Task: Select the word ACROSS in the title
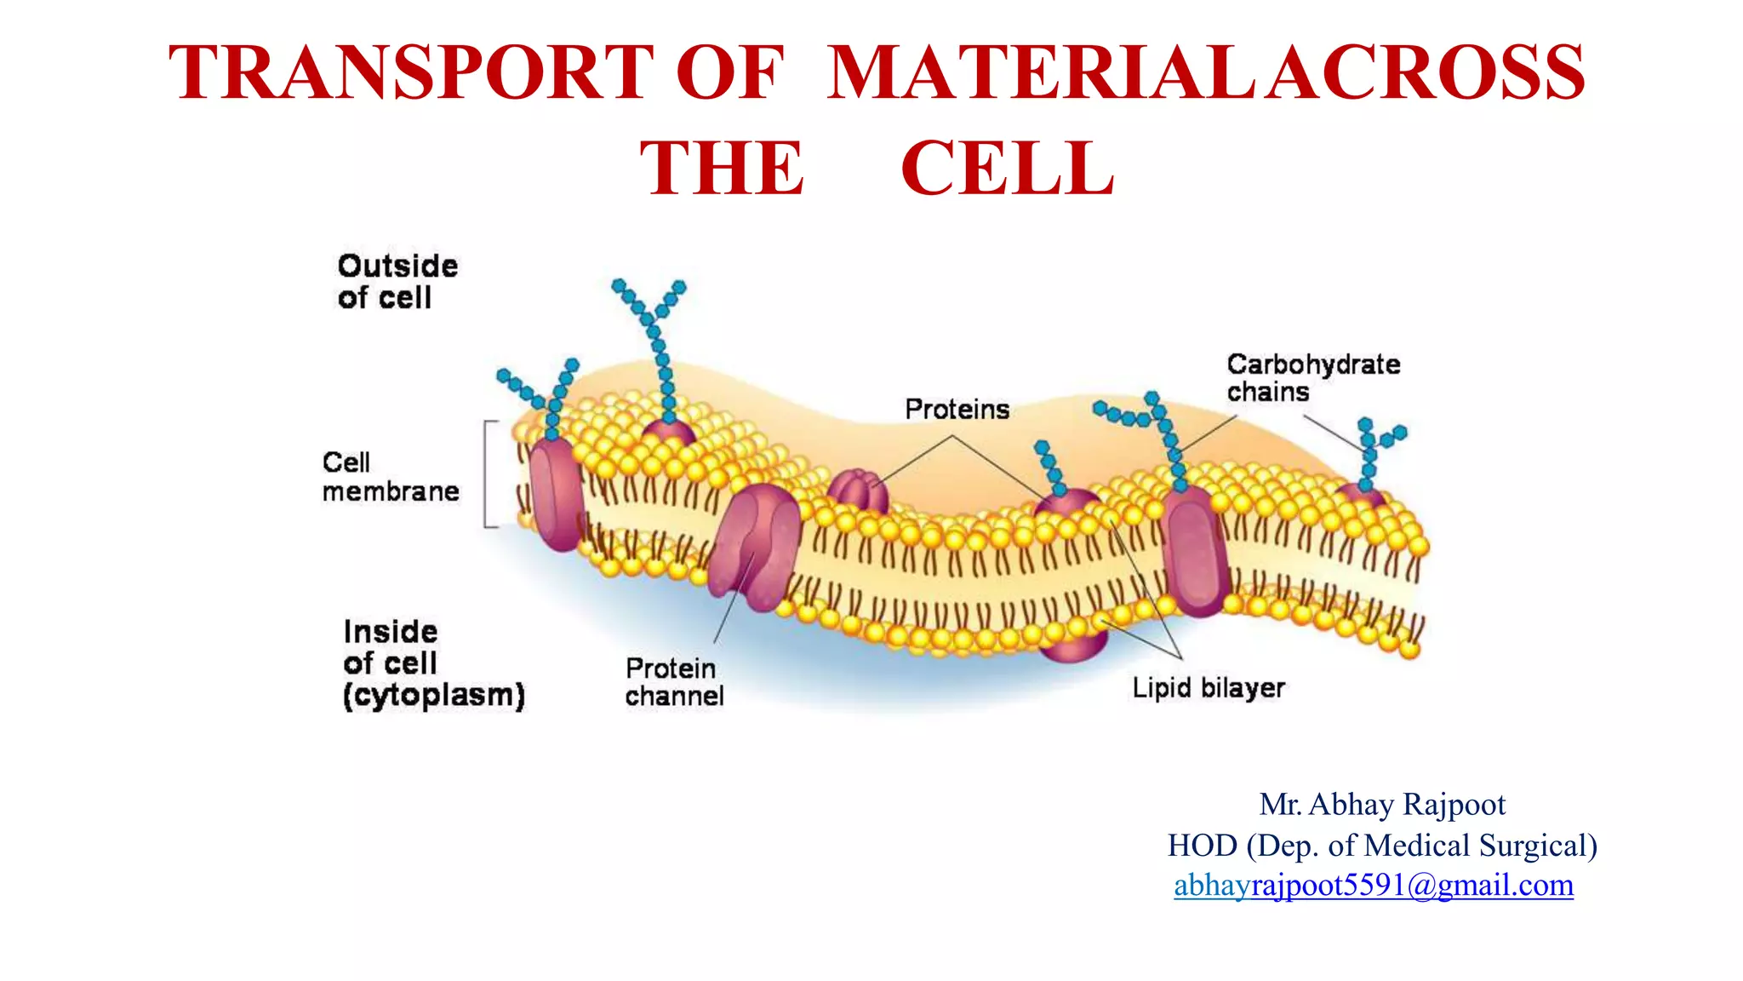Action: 1425,73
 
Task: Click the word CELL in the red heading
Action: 1008,169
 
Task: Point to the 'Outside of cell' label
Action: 397,282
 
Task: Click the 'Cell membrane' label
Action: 390,477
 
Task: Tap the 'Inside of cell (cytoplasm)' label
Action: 433,663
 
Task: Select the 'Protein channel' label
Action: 674,682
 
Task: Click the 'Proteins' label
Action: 957,410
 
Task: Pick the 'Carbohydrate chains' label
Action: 1312,378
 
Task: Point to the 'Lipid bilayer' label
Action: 1208,688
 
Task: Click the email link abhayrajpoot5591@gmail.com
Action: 1373,886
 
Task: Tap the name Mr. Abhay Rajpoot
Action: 1382,805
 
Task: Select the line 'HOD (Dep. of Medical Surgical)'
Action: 1381,846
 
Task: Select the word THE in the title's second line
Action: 722,169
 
